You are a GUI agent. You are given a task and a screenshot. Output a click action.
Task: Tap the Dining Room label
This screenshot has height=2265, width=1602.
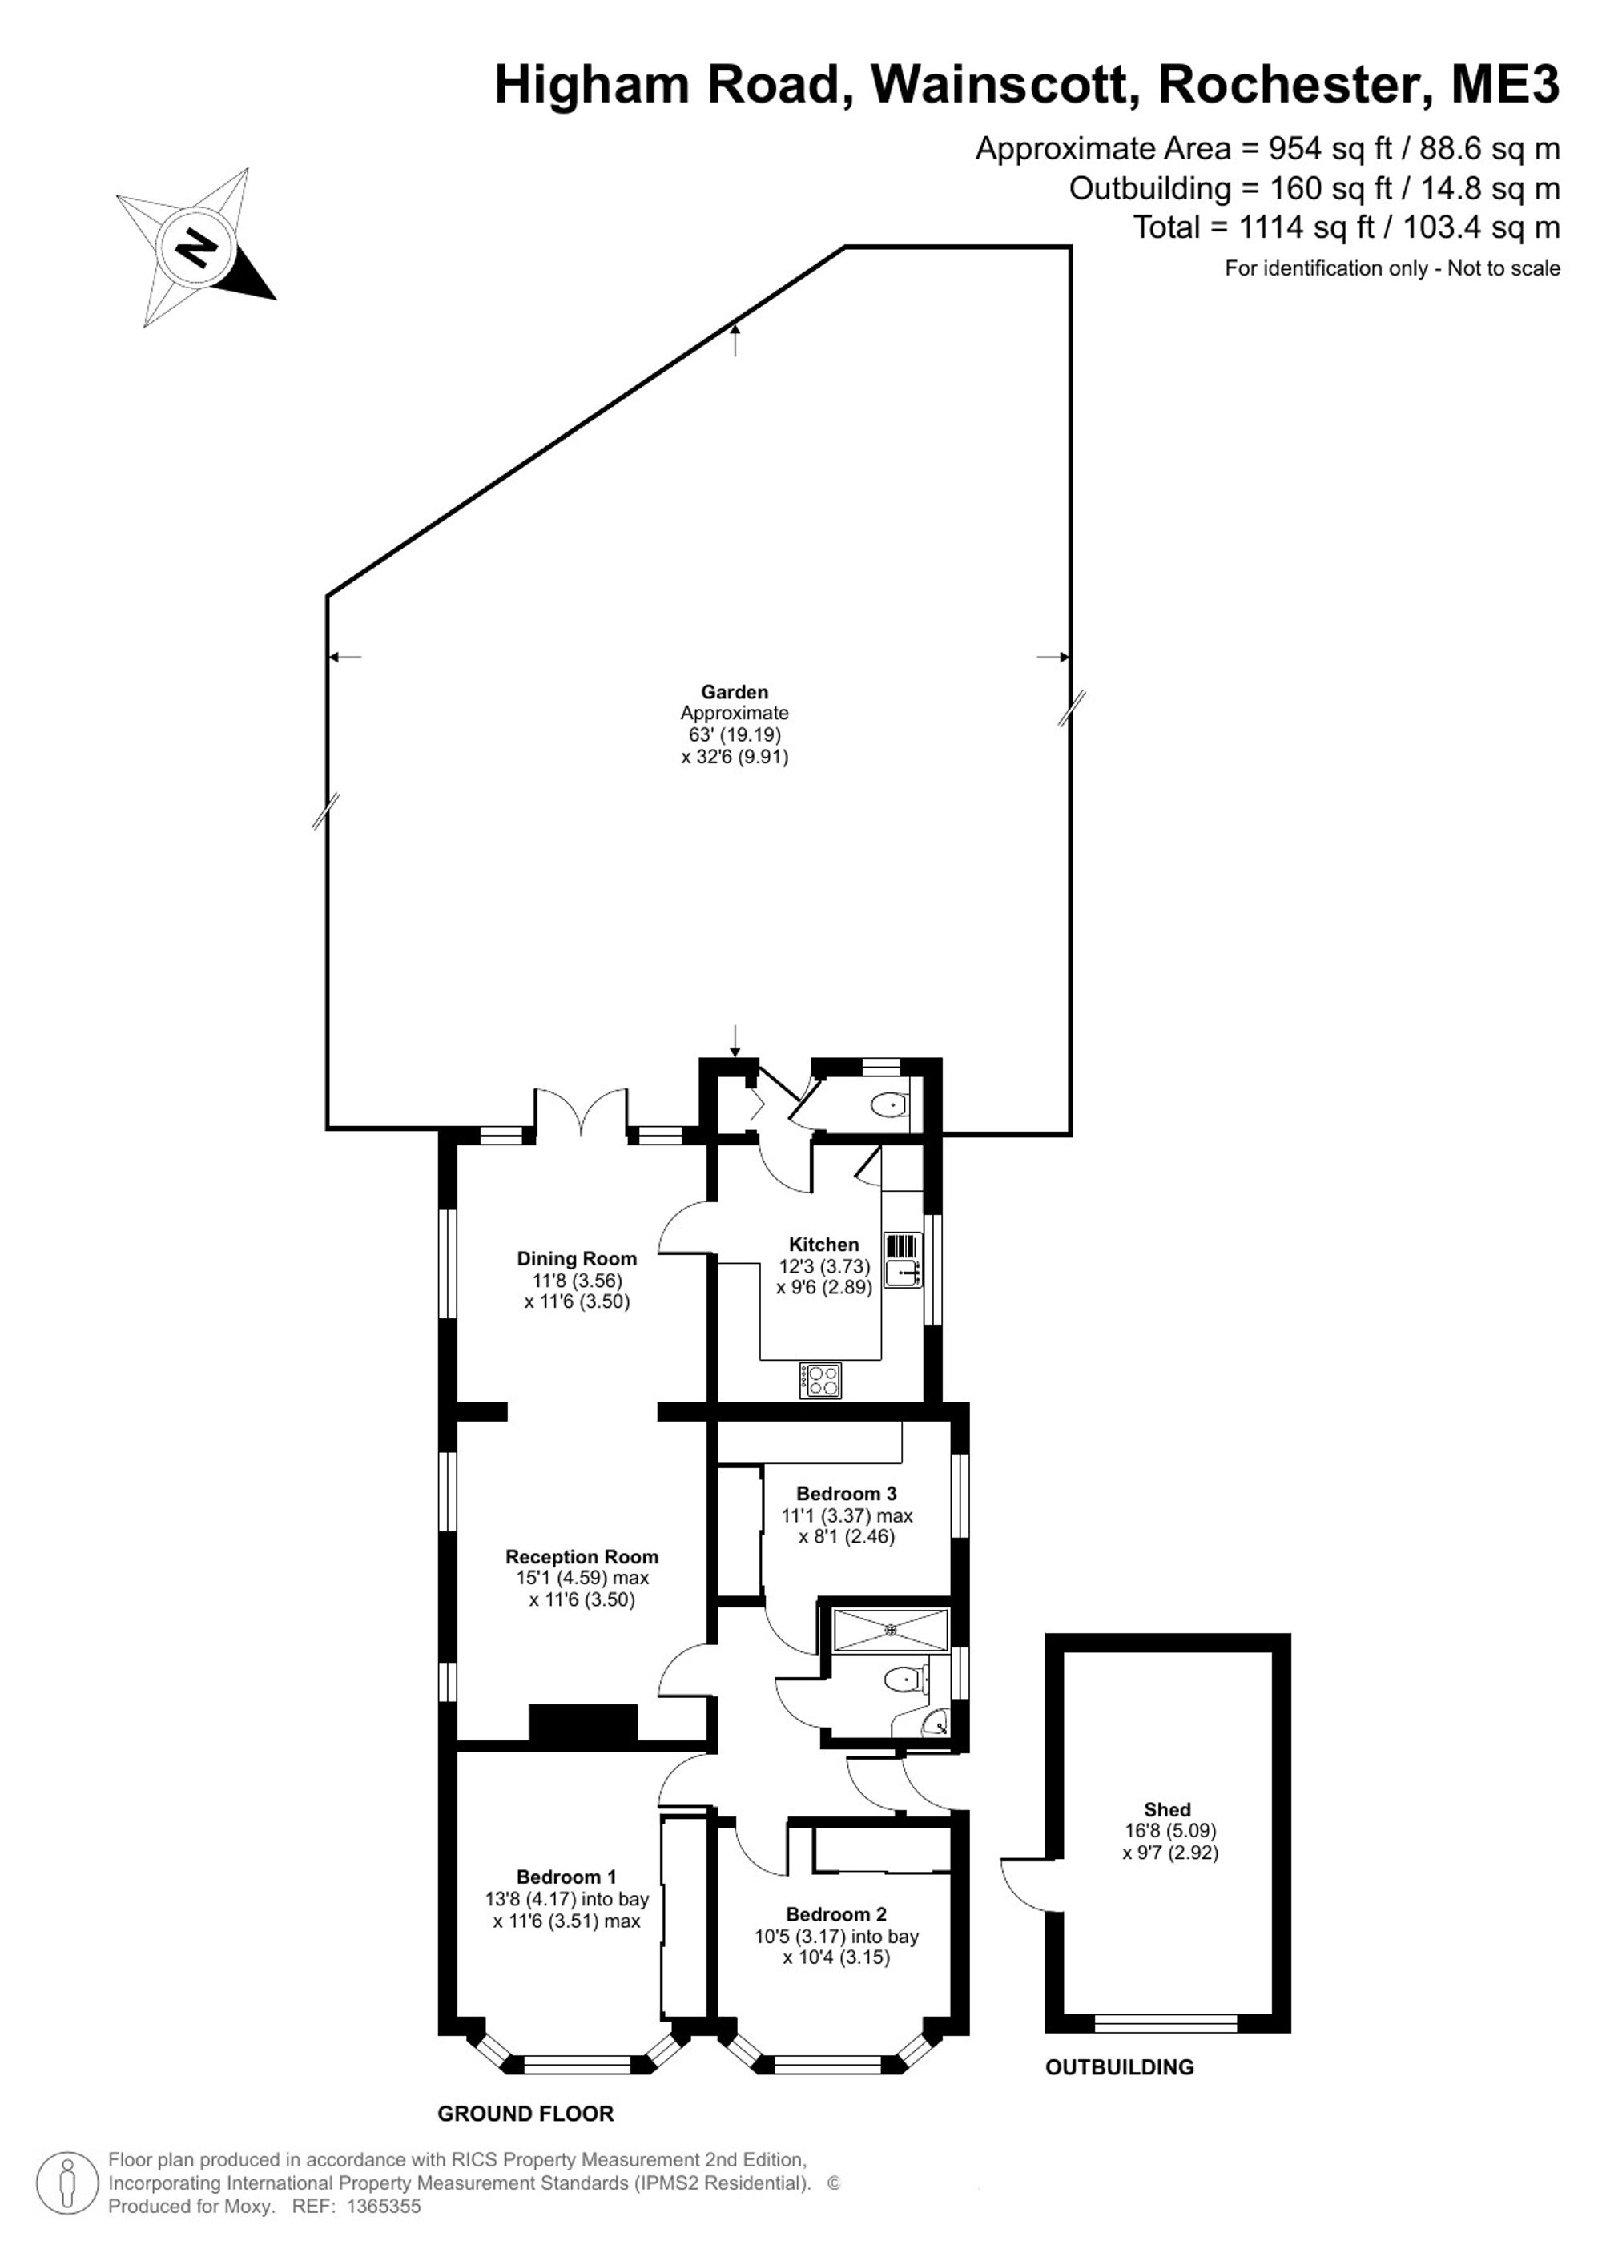coord(577,1259)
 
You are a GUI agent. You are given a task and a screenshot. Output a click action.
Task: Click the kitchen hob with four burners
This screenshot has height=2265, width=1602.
coord(821,1380)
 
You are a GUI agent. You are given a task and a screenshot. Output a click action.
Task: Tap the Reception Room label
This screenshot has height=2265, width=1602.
coord(582,1557)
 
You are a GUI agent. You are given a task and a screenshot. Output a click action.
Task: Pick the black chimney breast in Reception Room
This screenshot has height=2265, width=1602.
coord(584,1723)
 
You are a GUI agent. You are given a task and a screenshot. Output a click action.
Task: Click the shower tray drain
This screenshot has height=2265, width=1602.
coord(892,1630)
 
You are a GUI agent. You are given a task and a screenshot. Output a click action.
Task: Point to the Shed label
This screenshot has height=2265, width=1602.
coord(1167,1809)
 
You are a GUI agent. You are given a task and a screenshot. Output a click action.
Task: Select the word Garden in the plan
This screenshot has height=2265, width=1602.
coord(735,693)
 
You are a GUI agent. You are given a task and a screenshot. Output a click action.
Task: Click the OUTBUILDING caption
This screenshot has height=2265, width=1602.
coord(1120,2066)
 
